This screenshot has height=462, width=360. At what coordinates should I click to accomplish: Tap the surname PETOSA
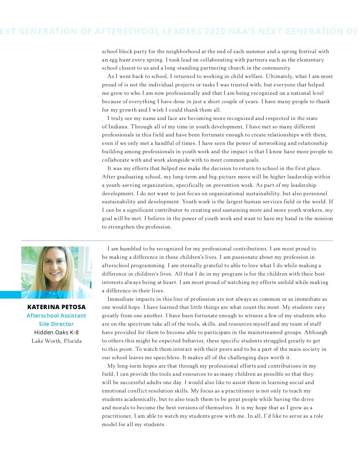[74, 307]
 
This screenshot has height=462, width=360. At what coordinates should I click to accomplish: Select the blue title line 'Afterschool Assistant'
[56, 315]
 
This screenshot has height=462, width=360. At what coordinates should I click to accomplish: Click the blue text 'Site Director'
[56, 324]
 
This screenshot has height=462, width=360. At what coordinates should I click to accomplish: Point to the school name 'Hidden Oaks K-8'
[56, 332]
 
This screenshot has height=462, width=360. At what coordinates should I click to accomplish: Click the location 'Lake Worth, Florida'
[56, 341]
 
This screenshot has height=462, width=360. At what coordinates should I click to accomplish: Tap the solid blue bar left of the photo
[10, 295]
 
